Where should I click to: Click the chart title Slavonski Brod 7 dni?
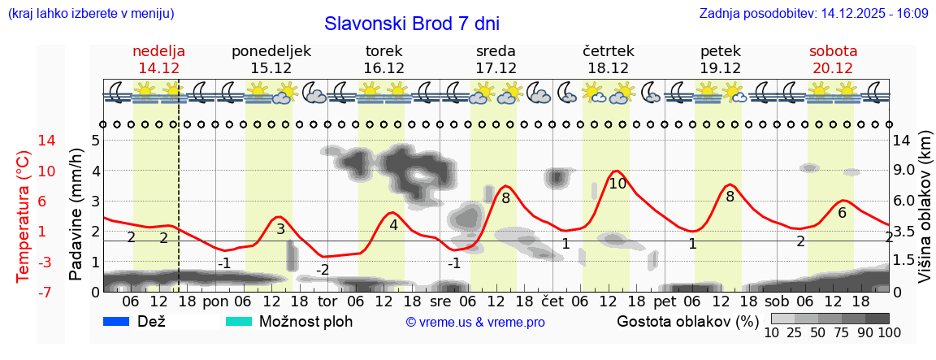[411, 24]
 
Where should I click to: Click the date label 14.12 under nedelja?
[158, 68]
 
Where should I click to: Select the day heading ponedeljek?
[271, 51]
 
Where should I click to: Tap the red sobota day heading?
[833, 51]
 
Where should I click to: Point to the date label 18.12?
[608, 68]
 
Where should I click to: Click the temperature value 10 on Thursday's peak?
[617, 184]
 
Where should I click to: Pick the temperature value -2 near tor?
[323, 270]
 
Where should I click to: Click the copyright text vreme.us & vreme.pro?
[474, 323]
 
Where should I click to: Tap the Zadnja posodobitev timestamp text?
[813, 14]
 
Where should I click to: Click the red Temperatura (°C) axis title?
[24, 215]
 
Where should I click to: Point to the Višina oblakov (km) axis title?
[925, 209]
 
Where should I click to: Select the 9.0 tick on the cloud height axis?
[903, 171]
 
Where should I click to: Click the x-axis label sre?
[440, 300]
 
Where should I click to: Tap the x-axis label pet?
[665, 300]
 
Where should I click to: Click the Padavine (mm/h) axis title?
[76, 215]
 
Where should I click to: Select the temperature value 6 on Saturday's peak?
[842, 213]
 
